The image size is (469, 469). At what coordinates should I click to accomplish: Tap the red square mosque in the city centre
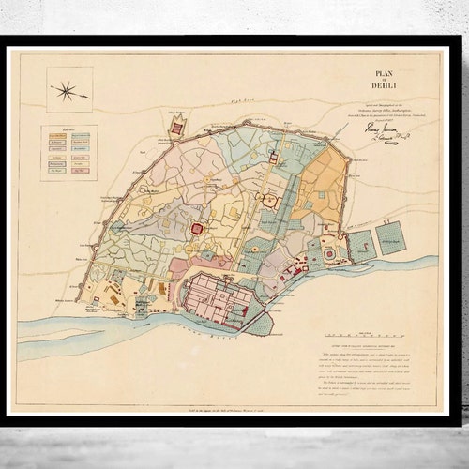[199, 228]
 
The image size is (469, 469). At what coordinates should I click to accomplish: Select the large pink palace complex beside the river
[219, 301]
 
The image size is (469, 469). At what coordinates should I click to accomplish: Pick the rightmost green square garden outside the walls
[392, 240]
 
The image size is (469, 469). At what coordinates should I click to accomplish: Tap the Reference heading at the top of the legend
[68, 131]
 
